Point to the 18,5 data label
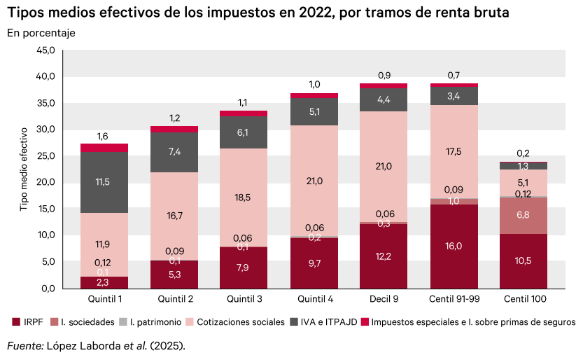[x=244, y=198]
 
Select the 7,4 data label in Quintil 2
[x=174, y=151]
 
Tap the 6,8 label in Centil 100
[x=524, y=215]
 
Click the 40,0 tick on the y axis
[x=45, y=76]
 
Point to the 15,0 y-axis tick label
[x=45, y=209]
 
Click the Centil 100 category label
[x=524, y=300]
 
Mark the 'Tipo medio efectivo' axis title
[x=23, y=169]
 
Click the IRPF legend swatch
[x=17, y=322]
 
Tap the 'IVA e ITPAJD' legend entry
[x=326, y=322]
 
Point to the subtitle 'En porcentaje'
[x=41, y=33]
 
